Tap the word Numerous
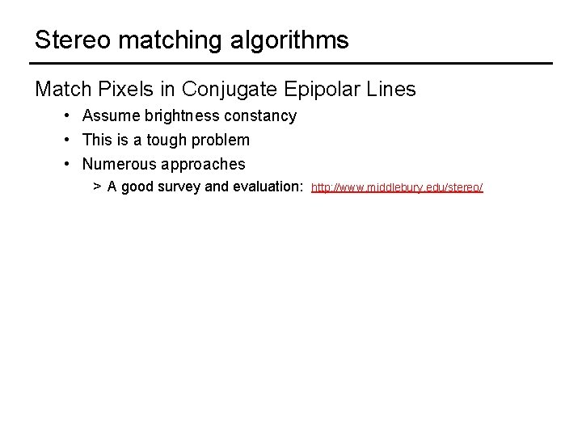118,164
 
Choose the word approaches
202,165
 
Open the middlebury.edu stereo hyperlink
397,188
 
